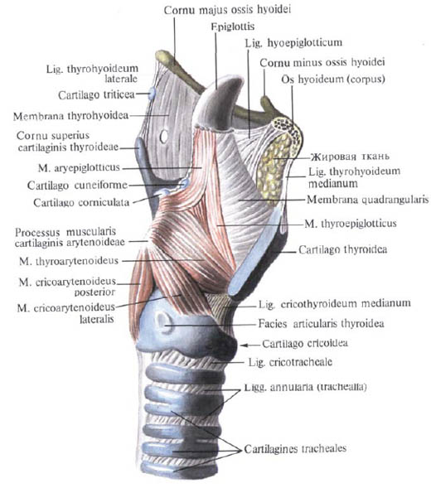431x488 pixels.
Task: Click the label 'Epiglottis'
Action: (x=232, y=27)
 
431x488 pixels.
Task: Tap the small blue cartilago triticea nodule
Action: (x=152, y=93)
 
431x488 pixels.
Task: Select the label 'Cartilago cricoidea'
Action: (x=305, y=344)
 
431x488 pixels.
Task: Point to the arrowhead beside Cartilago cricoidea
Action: (x=244, y=345)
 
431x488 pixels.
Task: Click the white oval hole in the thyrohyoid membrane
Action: (x=164, y=136)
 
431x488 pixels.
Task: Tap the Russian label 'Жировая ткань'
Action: (x=350, y=157)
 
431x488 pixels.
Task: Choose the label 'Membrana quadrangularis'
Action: (x=368, y=200)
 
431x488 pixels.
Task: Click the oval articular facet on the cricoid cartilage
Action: (x=163, y=322)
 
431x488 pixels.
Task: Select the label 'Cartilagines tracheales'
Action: (x=295, y=448)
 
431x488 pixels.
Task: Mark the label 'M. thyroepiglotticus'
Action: (x=351, y=224)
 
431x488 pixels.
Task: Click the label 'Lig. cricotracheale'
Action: (x=290, y=362)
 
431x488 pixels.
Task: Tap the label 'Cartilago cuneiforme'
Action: (x=77, y=186)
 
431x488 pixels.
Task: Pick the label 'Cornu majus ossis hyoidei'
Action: (x=227, y=10)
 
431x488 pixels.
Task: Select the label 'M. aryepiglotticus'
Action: (x=79, y=167)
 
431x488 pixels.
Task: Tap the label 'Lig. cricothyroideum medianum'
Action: (x=335, y=303)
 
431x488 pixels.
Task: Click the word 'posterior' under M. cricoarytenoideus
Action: (x=95, y=292)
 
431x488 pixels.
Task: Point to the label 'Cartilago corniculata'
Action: (x=81, y=203)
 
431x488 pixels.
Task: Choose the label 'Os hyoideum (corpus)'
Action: (x=333, y=80)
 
